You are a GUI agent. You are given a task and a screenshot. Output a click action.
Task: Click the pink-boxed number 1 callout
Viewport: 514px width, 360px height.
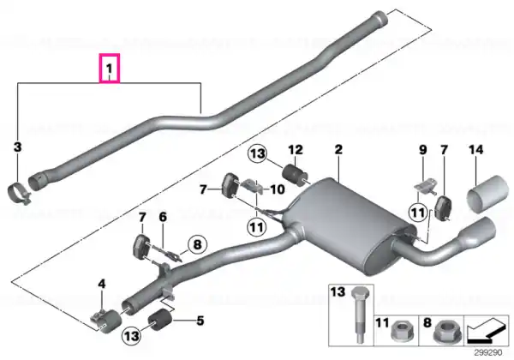tap(110, 69)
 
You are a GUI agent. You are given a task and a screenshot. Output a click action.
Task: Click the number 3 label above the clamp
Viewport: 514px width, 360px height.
tap(18, 147)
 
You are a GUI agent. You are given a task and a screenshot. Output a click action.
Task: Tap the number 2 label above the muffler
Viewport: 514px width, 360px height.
tap(338, 149)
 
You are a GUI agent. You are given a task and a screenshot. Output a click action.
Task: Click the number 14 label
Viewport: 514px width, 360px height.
tap(476, 150)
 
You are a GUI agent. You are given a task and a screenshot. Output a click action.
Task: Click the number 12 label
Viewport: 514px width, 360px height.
tap(296, 150)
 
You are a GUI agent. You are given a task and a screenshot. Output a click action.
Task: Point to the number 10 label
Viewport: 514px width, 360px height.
tap(277, 189)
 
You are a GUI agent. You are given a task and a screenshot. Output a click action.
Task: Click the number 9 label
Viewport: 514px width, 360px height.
tap(423, 150)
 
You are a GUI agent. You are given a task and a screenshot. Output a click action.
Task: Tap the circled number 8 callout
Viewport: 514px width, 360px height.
tap(197, 244)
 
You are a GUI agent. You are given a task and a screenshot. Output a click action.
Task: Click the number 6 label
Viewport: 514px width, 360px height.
tap(163, 217)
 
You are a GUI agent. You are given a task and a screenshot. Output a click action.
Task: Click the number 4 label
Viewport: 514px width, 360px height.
tap(102, 284)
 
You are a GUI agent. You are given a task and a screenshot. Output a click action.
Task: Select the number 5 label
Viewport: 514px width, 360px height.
tap(200, 321)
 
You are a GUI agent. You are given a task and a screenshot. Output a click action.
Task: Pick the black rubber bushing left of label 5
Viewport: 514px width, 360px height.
tap(160, 320)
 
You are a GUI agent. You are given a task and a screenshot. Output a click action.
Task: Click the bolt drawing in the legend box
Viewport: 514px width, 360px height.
tap(360, 315)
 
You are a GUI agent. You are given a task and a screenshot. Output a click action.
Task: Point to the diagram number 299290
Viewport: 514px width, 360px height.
tap(488, 353)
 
